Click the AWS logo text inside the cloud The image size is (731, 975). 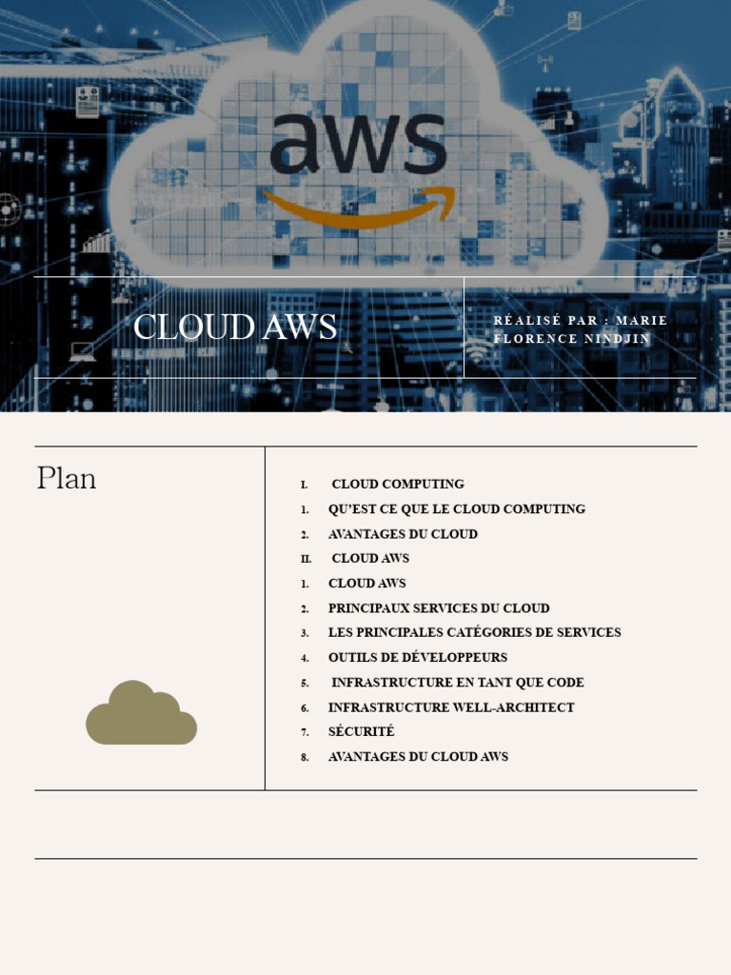357,145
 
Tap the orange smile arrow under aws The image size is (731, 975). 358,208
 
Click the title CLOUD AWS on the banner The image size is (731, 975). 235,328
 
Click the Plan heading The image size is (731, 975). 67,478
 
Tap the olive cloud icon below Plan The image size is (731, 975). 141,714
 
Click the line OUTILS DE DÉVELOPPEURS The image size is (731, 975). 418,657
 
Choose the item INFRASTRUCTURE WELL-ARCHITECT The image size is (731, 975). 451,707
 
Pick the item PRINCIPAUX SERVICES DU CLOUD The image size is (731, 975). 439,607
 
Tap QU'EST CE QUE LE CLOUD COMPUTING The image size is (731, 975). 457,509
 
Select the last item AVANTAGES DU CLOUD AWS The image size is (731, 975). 418,756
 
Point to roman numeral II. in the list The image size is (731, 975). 306,559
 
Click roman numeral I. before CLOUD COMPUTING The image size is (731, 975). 305,485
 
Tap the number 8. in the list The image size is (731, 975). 306,757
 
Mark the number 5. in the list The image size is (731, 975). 306,683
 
